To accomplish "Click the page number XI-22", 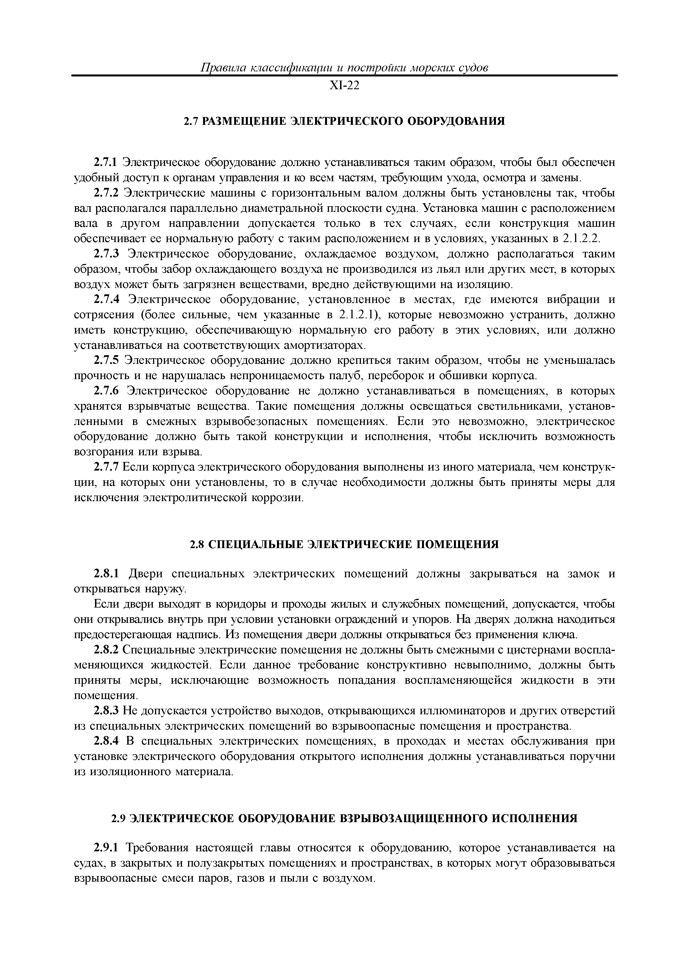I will pos(344,86).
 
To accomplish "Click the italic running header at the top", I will pos(344,68).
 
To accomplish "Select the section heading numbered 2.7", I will pos(344,121).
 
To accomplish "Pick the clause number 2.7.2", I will pos(106,193).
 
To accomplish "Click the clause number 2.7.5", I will pos(106,360).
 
